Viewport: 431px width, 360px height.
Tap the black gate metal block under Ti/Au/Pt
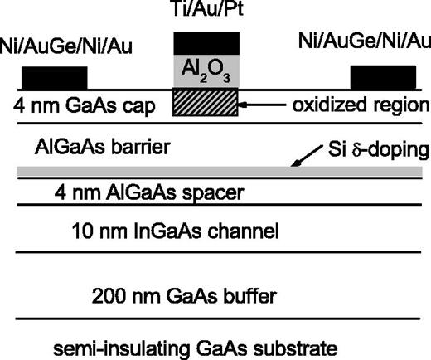click(x=205, y=42)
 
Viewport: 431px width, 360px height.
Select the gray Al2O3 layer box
click(x=205, y=71)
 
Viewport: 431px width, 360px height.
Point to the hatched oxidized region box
click(x=205, y=103)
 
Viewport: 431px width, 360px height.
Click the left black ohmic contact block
click(x=54, y=77)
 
